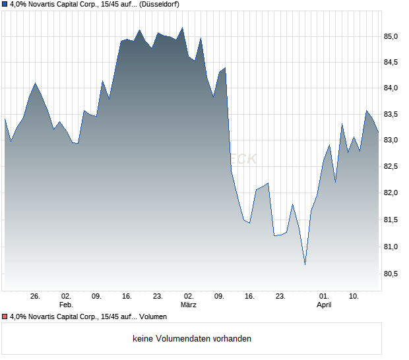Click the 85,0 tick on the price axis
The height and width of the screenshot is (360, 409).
[x=394, y=36]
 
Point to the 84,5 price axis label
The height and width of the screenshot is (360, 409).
[x=394, y=63]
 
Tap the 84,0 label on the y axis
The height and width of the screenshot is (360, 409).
[x=394, y=88]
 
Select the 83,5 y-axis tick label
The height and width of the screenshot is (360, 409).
[x=394, y=115]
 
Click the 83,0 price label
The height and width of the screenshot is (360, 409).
[x=394, y=140]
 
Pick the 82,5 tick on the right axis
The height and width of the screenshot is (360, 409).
[x=394, y=167]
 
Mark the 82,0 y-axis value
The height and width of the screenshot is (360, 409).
[x=394, y=193]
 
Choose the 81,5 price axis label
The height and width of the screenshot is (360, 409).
[x=394, y=220]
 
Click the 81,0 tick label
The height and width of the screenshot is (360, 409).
[x=394, y=247]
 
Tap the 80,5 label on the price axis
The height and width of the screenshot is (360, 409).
[x=394, y=273]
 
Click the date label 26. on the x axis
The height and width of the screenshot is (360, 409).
[x=36, y=297]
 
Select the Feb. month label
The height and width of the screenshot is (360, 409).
[x=65, y=305]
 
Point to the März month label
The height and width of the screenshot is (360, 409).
[x=189, y=305]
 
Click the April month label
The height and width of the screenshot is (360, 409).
[x=324, y=305]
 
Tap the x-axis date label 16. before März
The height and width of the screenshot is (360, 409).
[x=127, y=297]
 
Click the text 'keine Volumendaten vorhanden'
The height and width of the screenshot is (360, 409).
[x=192, y=339]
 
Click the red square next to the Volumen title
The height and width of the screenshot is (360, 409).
[x=5, y=317]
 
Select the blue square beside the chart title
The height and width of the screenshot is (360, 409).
[x=5, y=4]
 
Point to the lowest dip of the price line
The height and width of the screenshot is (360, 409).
[x=305, y=264]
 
